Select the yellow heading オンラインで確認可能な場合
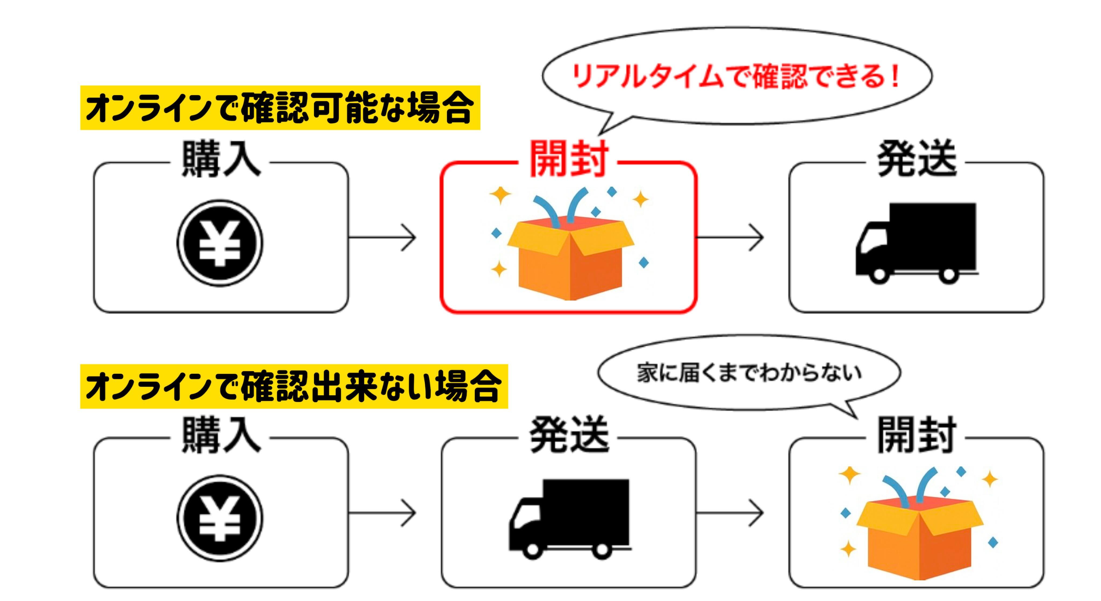coord(280,108)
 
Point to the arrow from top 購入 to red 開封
coord(383,237)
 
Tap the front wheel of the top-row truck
coord(879,275)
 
